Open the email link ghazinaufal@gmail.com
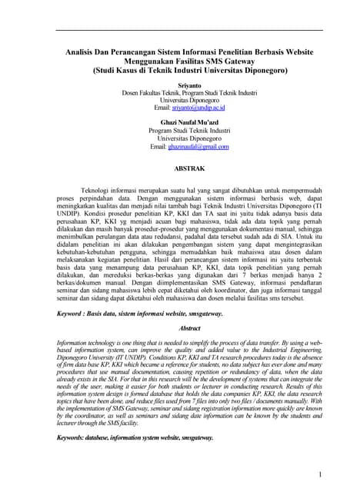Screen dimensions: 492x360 [200, 146]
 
